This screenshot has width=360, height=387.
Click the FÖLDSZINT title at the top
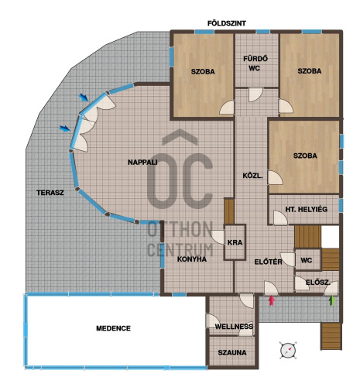point(227,23)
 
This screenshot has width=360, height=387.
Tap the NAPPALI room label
point(142,163)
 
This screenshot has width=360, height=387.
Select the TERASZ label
point(50,193)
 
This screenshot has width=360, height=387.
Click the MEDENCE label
point(113,328)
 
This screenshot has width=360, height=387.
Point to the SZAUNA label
point(232,352)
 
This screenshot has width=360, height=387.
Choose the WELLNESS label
point(234,327)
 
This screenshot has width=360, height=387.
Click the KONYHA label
point(192,259)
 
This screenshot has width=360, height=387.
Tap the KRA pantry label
point(235,242)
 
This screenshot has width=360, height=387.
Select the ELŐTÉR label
point(268,262)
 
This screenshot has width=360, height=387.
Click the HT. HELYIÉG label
point(306,209)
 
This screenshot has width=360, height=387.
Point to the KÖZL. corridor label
point(252,176)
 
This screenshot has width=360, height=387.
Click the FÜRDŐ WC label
point(255,63)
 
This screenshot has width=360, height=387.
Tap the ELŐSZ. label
point(318,283)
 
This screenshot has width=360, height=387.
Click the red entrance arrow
point(272,300)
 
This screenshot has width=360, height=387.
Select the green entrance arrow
point(332,300)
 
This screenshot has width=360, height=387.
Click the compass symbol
point(288,350)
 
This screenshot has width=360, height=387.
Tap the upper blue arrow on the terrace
point(84,98)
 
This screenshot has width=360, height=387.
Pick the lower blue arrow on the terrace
point(65,128)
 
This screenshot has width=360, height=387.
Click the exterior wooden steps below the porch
point(331,336)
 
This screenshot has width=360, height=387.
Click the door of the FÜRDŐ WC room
point(255,94)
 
